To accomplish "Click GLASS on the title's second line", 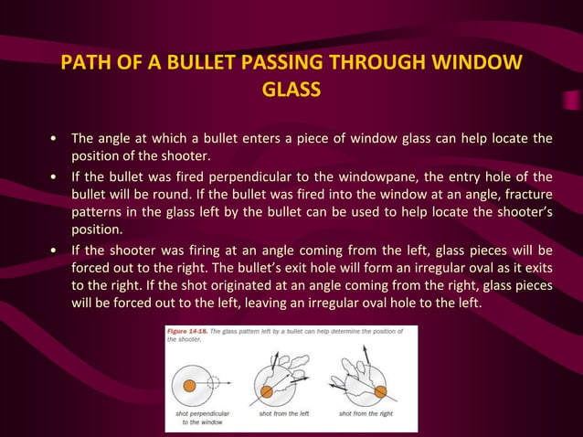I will coord(291,91).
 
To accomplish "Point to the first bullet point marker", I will coord(57,139).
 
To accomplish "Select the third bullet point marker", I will coord(57,250).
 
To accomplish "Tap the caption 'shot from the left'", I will coord(284,413).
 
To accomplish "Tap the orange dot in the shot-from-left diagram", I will coord(266,391).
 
